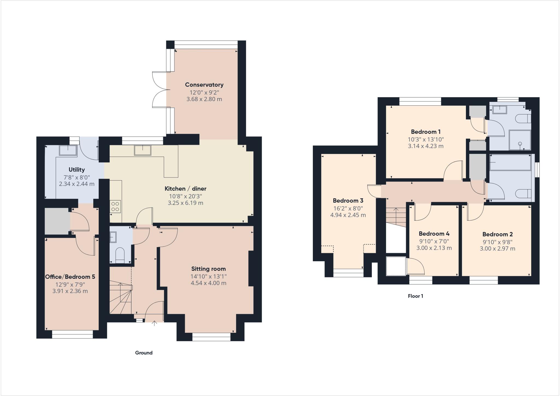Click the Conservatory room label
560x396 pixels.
click(204, 85)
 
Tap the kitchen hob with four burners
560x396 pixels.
click(115, 206)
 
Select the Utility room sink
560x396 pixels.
click(68, 150)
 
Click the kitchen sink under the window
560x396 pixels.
click(142, 150)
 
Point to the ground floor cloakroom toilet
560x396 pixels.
click(120, 254)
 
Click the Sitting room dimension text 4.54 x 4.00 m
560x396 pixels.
click(208, 283)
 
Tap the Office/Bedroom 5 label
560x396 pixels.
click(70, 277)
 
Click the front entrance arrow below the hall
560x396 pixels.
click(154, 323)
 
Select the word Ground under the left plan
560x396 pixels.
click(144, 353)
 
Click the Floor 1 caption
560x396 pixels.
click(415, 296)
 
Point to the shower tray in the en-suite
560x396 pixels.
click(520, 140)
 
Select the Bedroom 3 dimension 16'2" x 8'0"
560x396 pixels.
click(348, 208)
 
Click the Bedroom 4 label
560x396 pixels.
click(434, 234)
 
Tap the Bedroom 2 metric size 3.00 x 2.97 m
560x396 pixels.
click(497, 249)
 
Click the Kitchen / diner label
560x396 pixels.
click(185, 188)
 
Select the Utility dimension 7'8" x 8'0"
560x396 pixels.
click(77, 177)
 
